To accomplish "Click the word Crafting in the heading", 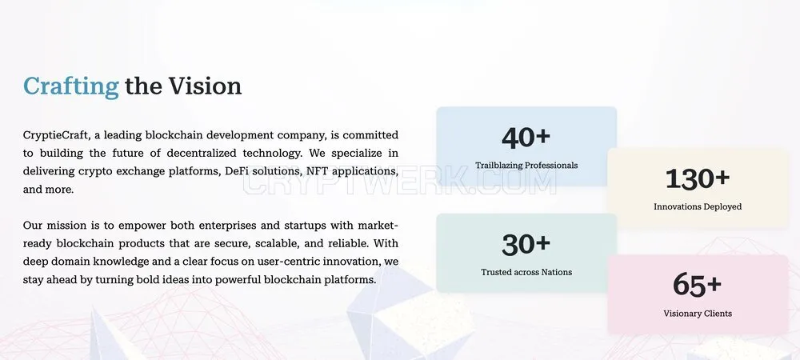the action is click(71, 86).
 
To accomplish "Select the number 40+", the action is click(526, 137).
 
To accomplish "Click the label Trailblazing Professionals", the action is click(526, 166).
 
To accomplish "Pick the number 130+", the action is click(698, 178).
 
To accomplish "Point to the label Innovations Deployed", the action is click(698, 206).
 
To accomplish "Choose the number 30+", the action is click(526, 244).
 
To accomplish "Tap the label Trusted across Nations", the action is click(526, 272).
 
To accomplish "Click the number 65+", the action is click(698, 285).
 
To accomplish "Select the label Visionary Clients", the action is click(698, 314).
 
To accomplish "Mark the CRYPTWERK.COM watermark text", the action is click(399, 182).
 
